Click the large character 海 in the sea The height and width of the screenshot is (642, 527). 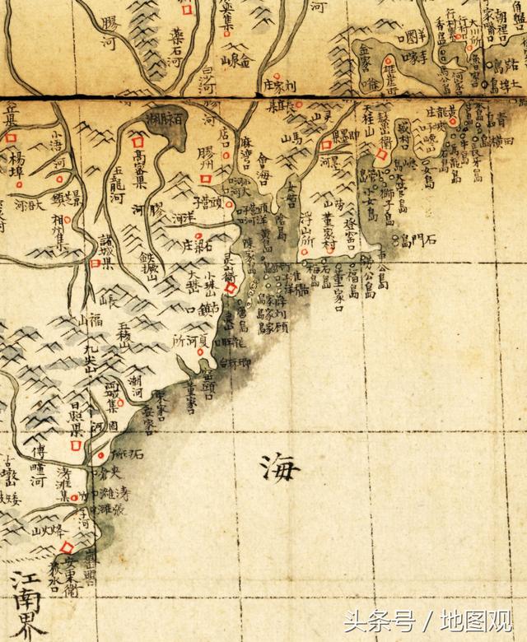click(282, 470)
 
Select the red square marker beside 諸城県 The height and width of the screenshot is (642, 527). click(96, 263)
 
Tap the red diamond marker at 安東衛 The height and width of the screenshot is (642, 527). click(68, 547)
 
